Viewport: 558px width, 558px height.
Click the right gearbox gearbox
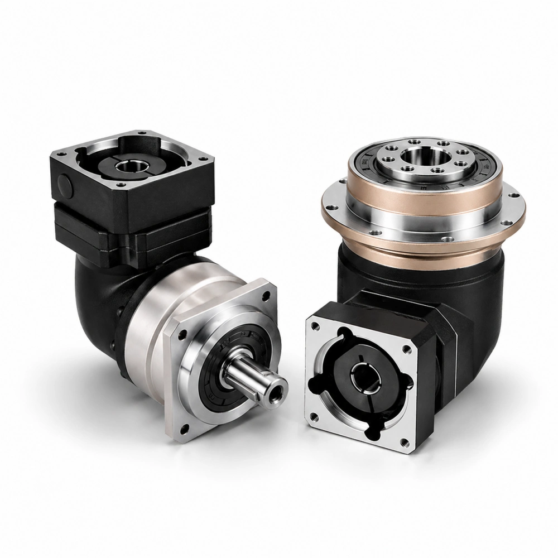click(413, 268)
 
